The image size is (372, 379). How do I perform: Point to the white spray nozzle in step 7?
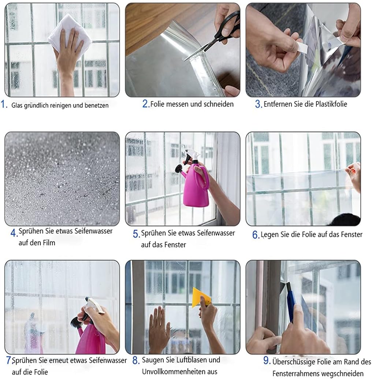(94, 305)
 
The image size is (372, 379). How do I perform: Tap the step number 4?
(14, 233)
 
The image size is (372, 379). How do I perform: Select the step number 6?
(256, 235)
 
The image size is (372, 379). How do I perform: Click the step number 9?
(267, 361)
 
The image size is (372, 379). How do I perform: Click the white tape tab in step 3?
(302, 47)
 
